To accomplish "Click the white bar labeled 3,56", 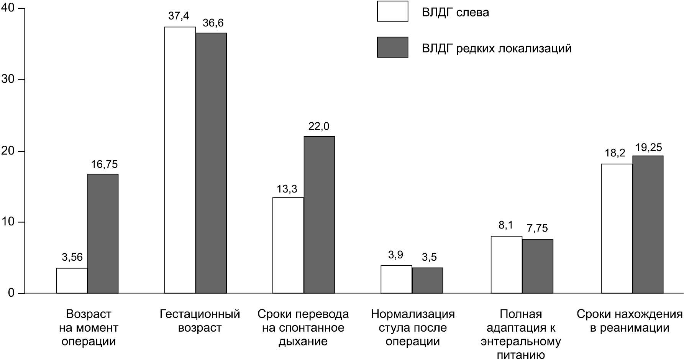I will click(72, 281).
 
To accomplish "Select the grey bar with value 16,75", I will click(103, 233).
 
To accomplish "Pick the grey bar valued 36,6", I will click(211, 163).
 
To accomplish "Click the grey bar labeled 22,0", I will click(319, 215).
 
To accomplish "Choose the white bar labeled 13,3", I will click(288, 245).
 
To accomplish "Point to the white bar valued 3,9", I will click(396, 279).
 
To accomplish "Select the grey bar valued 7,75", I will click(538, 266).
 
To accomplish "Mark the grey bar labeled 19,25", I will click(648, 224).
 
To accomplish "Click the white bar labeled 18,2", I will click(617, 228).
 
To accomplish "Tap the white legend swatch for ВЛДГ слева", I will click(392, 11).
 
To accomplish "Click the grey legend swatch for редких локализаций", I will click(392, 47).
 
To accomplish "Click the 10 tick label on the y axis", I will click(8, 222).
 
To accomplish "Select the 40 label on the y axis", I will click(8, 8).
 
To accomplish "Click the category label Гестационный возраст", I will click(200, 321).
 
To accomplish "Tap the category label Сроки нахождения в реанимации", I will click(630, 321).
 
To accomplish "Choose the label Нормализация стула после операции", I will click(413, 328).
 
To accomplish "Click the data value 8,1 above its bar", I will click(505, 225).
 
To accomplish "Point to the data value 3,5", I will click(429, 257).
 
